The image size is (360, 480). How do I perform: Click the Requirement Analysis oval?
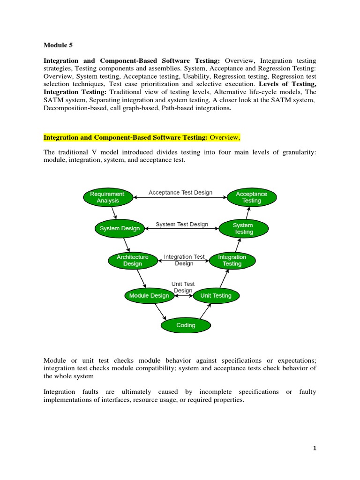click(107, 197)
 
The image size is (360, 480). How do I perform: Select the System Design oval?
click(120, 228)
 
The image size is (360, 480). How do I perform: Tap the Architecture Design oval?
click(132, 260)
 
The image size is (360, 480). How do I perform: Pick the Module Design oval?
click(146, 295)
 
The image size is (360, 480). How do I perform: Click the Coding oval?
click(186, 325)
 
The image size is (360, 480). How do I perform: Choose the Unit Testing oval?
click(216, 295)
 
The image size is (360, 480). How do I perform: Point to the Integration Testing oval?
click(232, 260)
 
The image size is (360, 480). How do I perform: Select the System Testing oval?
click(243, 228)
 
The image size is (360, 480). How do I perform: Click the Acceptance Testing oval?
click(251, 197)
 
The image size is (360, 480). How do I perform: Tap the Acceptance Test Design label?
click(180, 193)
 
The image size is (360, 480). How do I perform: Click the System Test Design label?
click(182, 225)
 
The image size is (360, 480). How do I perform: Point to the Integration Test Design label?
click(184, 260)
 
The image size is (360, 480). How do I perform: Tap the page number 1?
click(315, 448)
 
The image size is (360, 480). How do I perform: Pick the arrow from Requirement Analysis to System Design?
click(114, 213)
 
